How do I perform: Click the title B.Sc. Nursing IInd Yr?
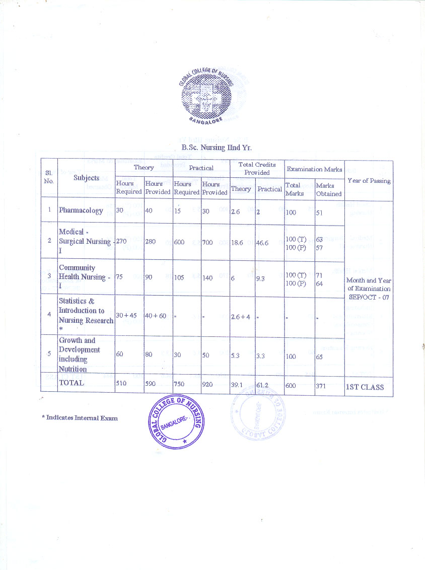[217, 148]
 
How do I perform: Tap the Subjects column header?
[86, 178]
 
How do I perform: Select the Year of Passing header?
[369, 181]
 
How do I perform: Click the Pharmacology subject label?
[81, 210]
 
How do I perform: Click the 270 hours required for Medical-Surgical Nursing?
[121, 241]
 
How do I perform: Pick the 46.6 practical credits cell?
[262, 242]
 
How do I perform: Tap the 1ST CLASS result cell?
[365, 387]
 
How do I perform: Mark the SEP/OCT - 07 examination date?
[369, 297]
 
